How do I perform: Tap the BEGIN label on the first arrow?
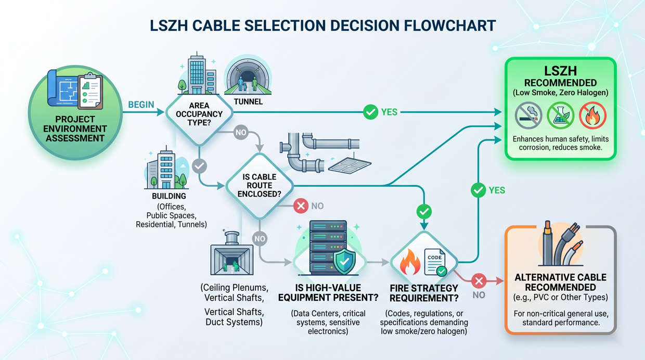141,105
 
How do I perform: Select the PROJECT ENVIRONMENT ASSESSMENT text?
75,129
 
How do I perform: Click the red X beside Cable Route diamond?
301,206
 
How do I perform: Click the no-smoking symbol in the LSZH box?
528,115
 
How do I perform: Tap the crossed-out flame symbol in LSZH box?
592,115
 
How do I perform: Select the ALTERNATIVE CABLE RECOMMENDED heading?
560,282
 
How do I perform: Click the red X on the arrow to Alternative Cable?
479,281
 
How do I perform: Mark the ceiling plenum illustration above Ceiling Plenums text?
231,255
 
